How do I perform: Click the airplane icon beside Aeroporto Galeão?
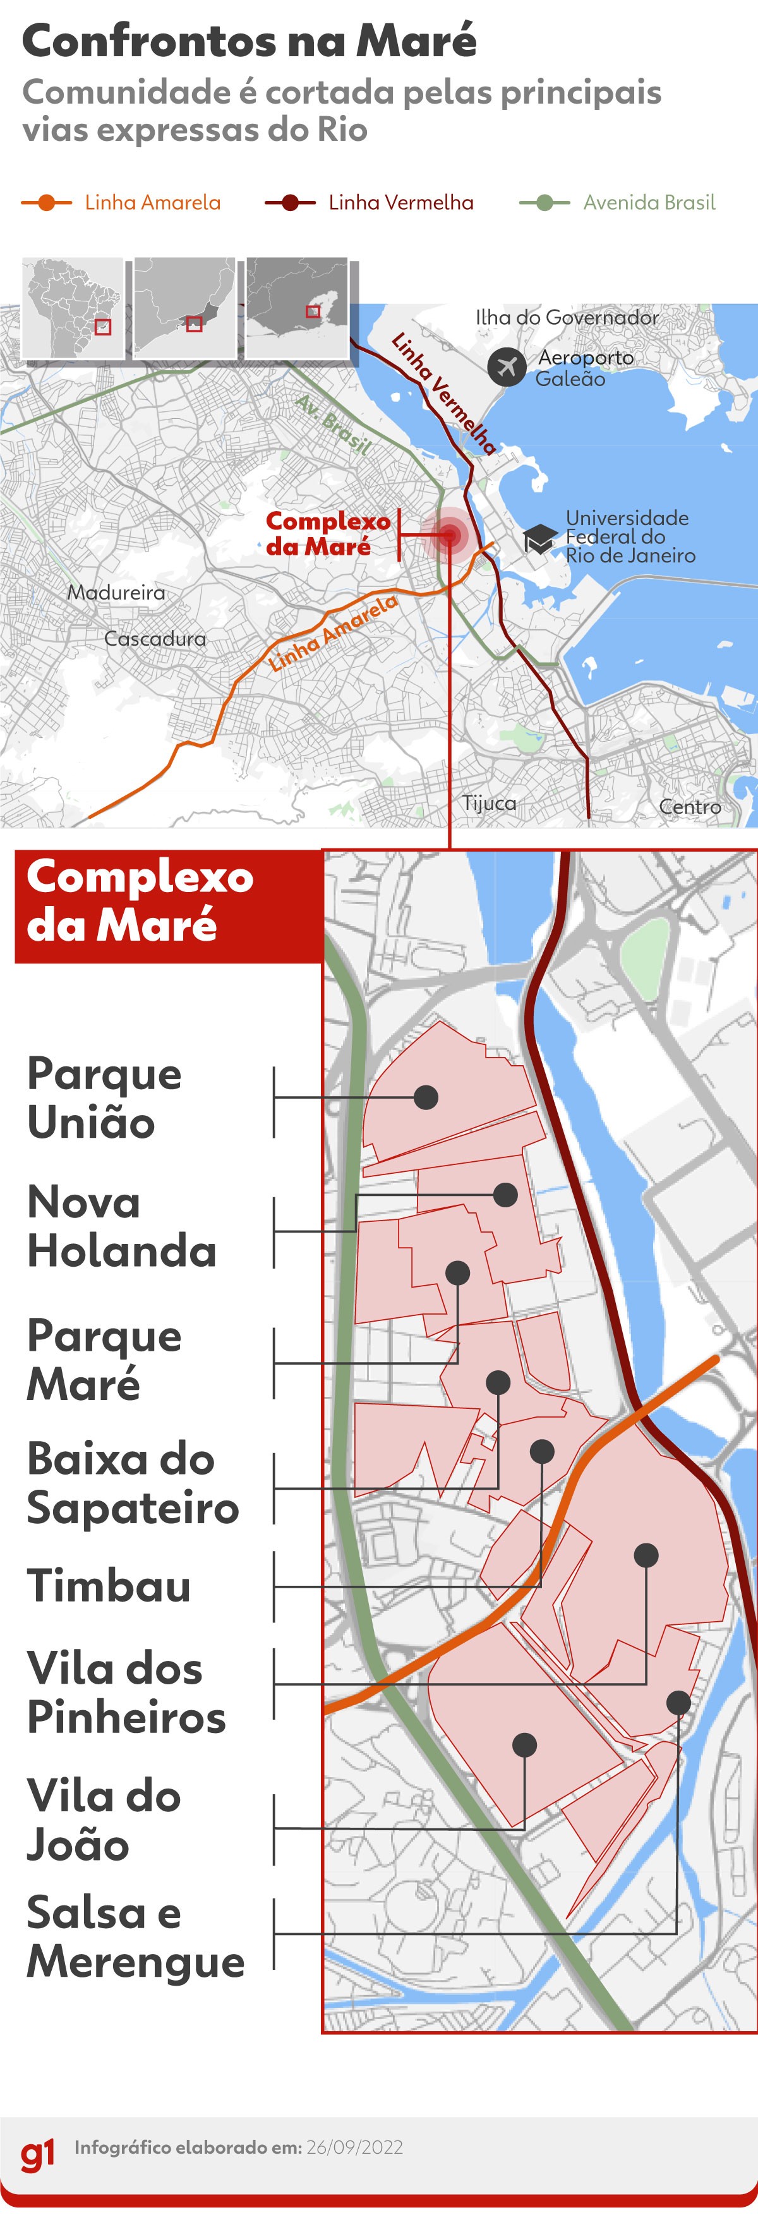(507, 366)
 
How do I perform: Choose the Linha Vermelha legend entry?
(370, 203)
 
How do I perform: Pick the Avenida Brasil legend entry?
(618, 203)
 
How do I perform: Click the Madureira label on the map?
(116, 593)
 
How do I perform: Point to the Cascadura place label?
(155, 639)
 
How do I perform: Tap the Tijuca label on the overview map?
(489, 803)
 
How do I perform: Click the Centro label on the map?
(689, 807)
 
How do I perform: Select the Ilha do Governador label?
(567, 317)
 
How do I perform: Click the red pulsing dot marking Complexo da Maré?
(448, 536)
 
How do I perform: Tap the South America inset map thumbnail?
(73, 308)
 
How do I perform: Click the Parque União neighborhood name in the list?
(104, 1098)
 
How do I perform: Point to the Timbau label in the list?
(108, 1586)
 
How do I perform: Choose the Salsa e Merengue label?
(135, 1937)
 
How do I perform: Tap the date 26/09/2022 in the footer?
(354, 2147)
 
